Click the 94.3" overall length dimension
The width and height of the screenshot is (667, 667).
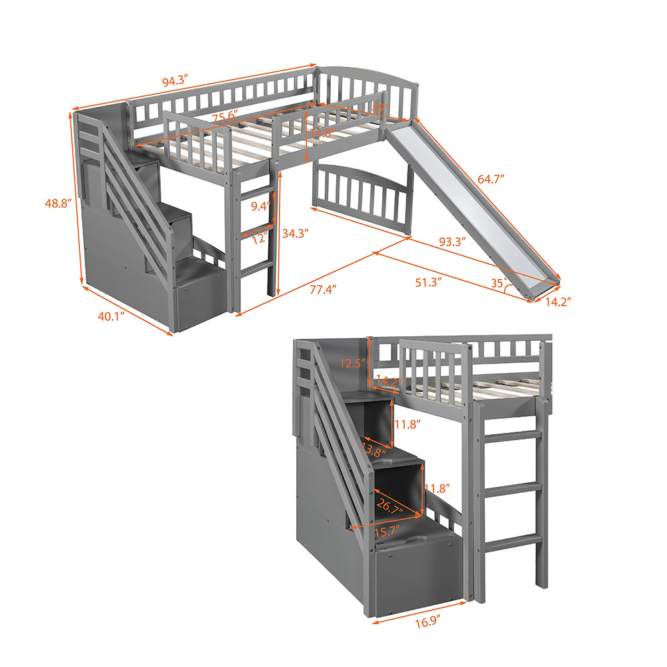pyautogui.click(x=175, y=81)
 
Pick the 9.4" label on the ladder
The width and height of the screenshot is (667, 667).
pyautogui.click(x=261, y=206)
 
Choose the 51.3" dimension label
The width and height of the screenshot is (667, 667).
pyautogui.click(x=430, y=282)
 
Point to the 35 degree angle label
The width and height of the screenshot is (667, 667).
pyautogui.click(x=496, y=283)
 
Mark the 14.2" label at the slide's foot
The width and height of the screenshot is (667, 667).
pyautogui.click(x=558, y=301)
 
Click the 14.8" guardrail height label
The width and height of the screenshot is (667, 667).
pyautogui.click(x=321, y=133)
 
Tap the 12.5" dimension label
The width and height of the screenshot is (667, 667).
pyautogui.click(x=352, y=364)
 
